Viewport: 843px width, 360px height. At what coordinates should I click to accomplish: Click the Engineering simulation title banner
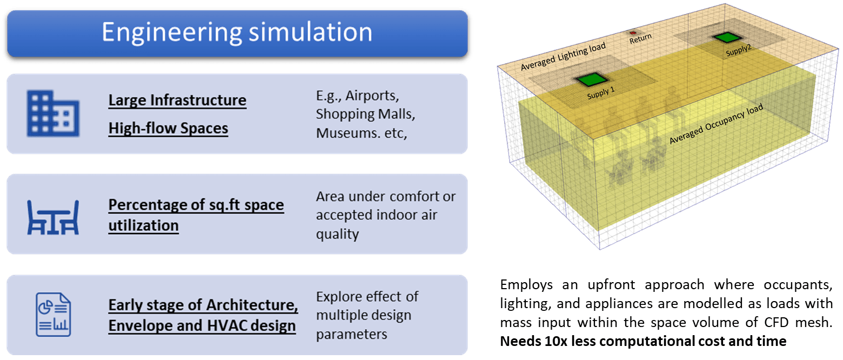237,32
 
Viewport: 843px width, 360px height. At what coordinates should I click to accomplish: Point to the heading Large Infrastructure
177,101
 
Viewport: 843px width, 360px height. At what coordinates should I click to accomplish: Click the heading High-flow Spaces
168,128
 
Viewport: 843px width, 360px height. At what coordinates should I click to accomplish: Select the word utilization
143,225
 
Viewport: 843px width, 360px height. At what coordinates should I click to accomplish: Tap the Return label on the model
640,37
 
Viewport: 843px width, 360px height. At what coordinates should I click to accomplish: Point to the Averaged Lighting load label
563,57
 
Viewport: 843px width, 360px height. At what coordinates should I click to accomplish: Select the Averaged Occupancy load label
716,125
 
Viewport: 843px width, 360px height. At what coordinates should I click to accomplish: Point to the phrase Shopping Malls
365,115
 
